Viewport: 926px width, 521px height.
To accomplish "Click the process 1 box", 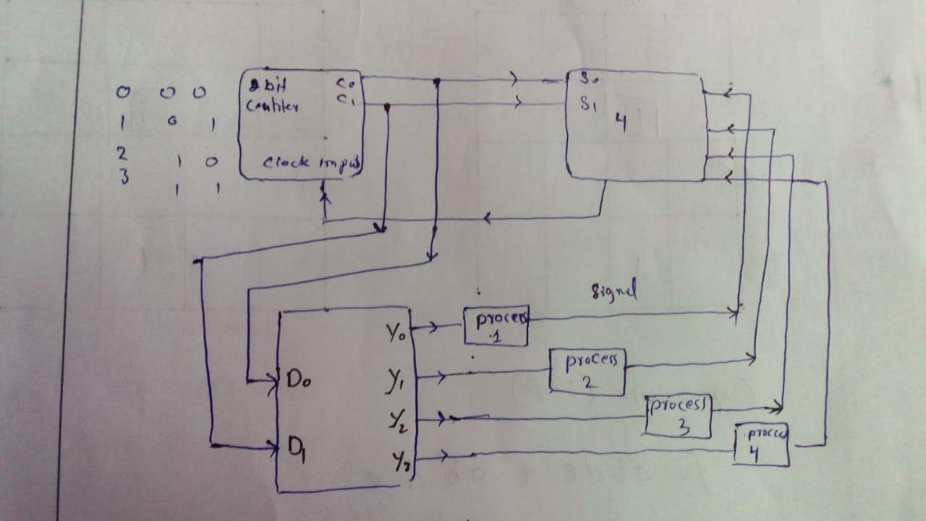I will (496, 326).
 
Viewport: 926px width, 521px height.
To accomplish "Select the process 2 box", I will (587, 371).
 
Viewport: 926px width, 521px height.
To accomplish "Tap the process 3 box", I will (679, 416).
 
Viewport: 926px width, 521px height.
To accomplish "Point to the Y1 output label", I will (395, 381).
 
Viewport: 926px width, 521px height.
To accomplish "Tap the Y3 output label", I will (399, 459).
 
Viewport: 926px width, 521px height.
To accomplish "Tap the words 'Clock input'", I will (310, 163).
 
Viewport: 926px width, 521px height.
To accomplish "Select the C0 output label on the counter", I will (344, 83).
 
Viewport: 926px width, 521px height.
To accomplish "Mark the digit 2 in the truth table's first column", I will (123, 154).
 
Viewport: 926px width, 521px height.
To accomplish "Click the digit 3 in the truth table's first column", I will (124, 175).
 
